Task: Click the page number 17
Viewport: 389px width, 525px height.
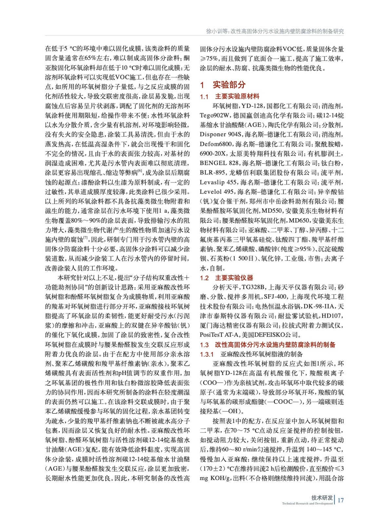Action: point(340,500)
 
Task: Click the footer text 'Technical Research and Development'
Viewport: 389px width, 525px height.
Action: point(307,503)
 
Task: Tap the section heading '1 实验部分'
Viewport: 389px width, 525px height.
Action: point(223,85)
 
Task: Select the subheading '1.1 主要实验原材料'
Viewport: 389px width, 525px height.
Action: point(230,96)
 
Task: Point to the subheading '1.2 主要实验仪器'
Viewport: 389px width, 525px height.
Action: point(226,278)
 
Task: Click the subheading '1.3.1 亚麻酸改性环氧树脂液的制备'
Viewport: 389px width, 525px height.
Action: point(251,354)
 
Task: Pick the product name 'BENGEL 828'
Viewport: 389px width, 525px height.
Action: point(219,163)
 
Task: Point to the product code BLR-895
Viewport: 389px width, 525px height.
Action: point(213,173)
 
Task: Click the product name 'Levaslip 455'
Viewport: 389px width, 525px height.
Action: point(218,182)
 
